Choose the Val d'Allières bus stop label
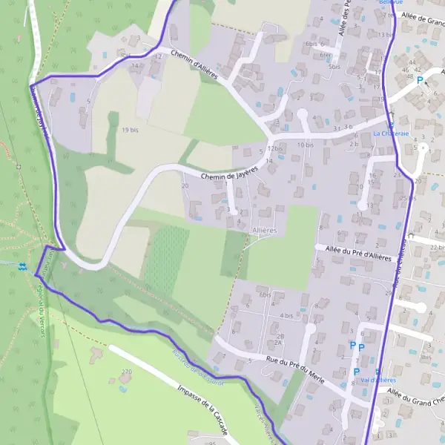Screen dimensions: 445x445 378,380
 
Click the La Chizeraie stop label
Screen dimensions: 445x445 391,133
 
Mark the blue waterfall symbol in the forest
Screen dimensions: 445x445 23,266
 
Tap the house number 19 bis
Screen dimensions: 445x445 131,129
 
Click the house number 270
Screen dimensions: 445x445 125,371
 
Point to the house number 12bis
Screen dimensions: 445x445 276,148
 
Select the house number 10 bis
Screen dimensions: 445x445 305,145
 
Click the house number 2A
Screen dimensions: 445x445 279,343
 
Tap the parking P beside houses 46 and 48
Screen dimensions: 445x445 421,79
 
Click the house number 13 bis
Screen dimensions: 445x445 385,35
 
